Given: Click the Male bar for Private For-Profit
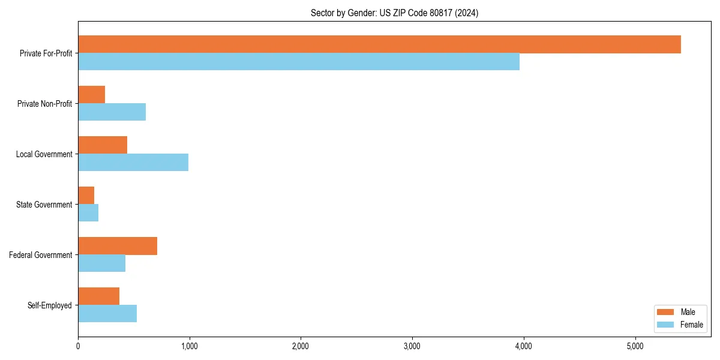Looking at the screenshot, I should pos(379,44).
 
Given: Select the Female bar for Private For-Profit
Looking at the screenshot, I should pos(299,62).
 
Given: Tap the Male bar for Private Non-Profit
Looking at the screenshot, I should pos(92,95).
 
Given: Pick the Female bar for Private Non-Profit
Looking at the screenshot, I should pos(112,112).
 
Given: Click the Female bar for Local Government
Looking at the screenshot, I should pos(133,163).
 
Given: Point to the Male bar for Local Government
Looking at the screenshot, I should pos(103,145).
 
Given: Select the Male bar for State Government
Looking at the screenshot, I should pos(86,196).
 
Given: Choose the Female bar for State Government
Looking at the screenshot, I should pos(88,213).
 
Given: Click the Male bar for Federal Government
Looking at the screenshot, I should pos(118,246).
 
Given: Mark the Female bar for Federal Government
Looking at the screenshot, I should pos(102,263).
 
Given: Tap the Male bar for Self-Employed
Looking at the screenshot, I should pos(99,296).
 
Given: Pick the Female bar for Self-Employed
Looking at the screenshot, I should pos(107,314).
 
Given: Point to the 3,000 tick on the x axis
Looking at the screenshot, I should pos(412,346).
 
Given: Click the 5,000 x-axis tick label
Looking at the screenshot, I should pos(635,346).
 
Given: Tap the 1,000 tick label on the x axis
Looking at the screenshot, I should pos(189,346).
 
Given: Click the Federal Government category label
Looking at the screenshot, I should pos(41,255).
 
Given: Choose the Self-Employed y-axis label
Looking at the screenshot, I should pos(50,305).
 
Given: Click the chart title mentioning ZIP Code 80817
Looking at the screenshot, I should pos(394,13).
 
